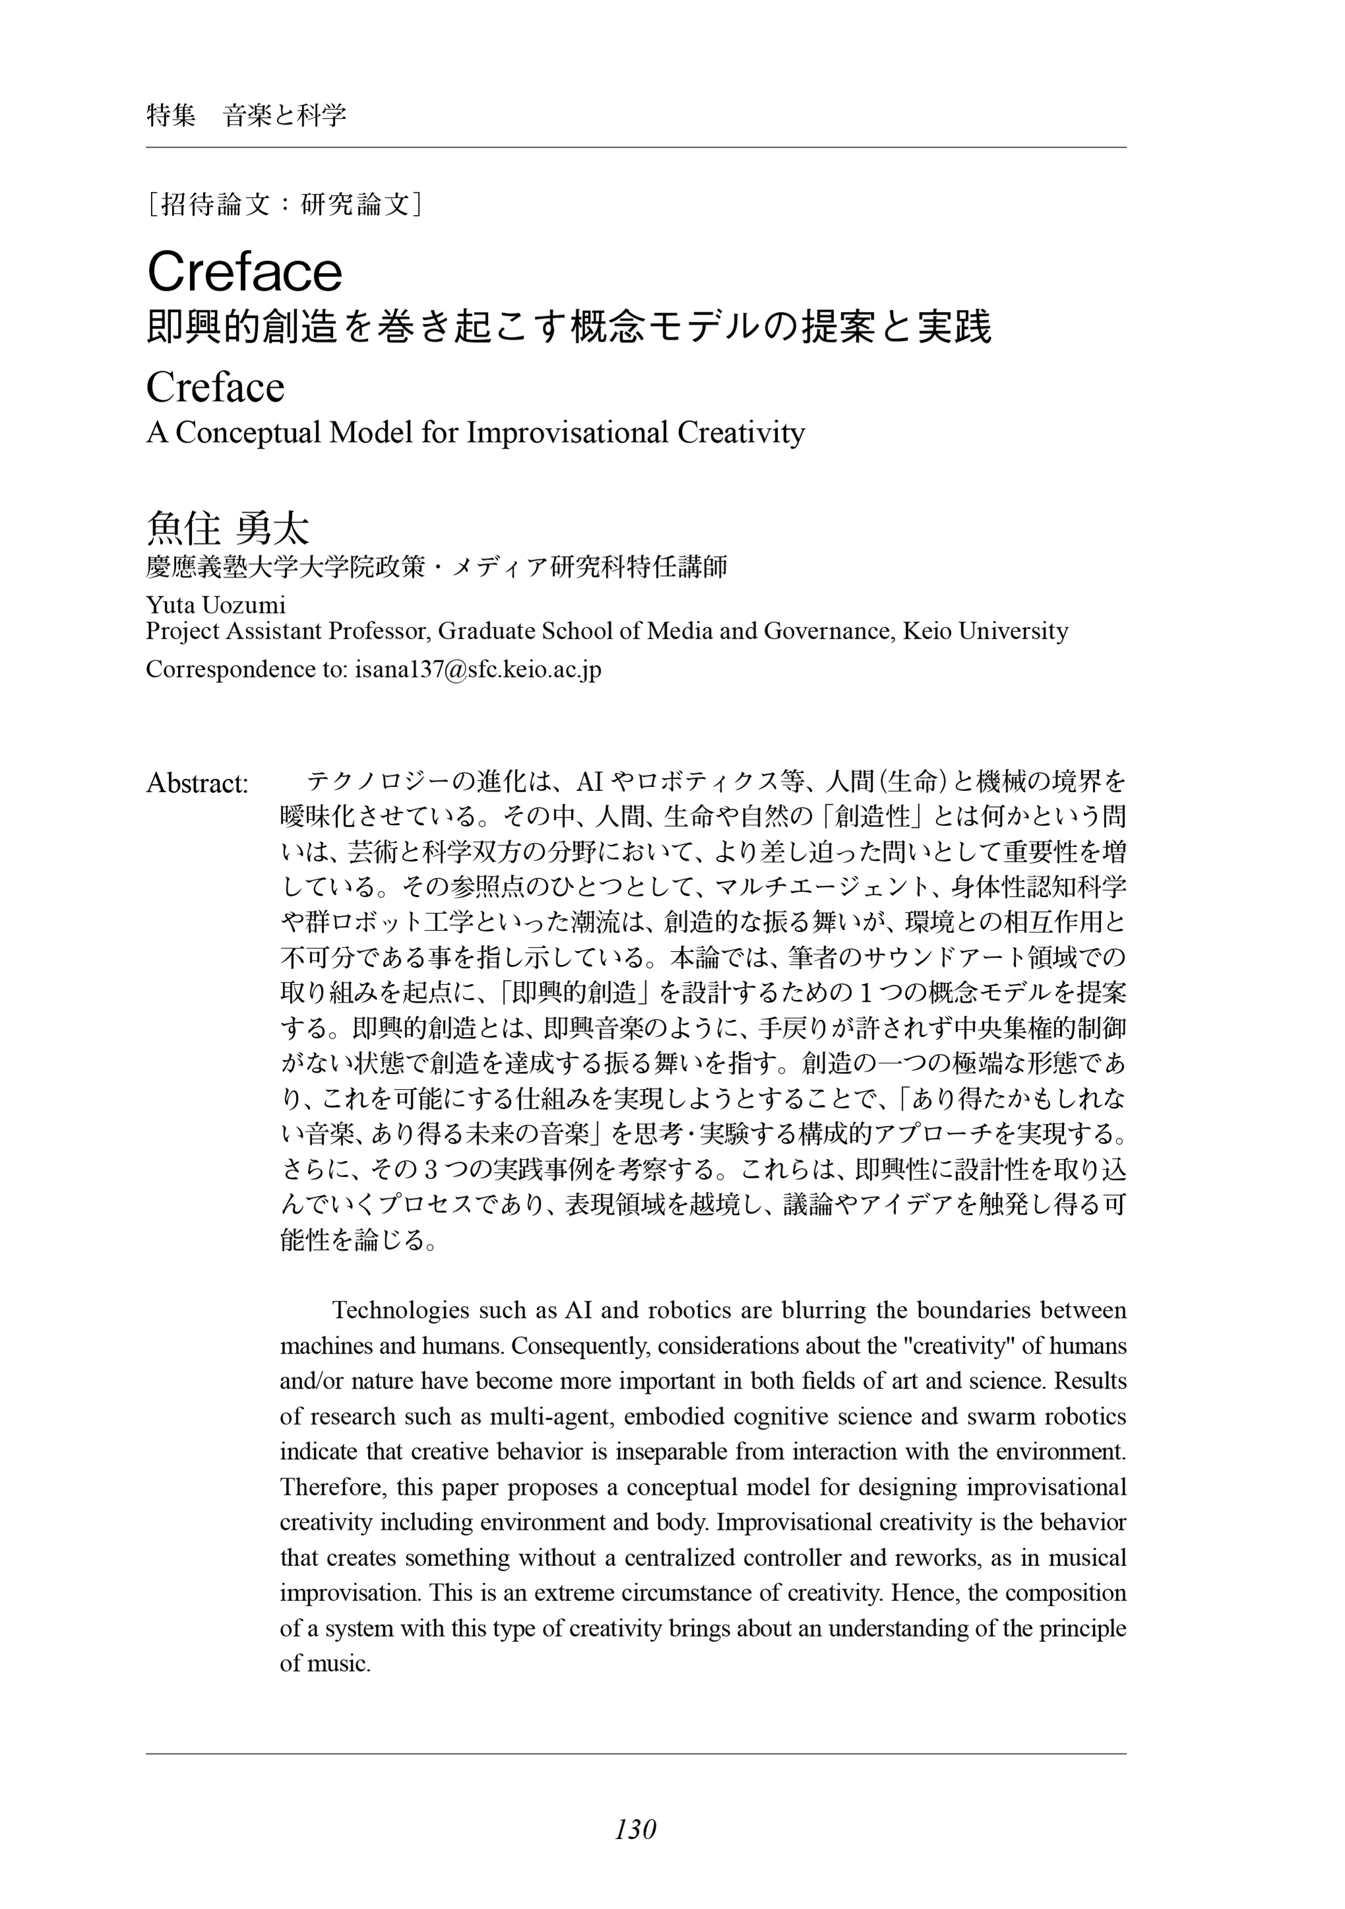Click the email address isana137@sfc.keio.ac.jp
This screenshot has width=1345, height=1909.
478,670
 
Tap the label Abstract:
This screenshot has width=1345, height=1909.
198,783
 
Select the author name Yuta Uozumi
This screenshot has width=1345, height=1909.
216,604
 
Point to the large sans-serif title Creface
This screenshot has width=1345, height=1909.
245,271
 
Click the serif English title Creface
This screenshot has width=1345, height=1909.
216,387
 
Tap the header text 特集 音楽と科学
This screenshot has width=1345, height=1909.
246,115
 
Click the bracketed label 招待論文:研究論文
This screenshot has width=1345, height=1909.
284,204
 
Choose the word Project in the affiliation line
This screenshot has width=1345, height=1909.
175,631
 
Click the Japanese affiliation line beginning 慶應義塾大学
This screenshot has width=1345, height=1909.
436,567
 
